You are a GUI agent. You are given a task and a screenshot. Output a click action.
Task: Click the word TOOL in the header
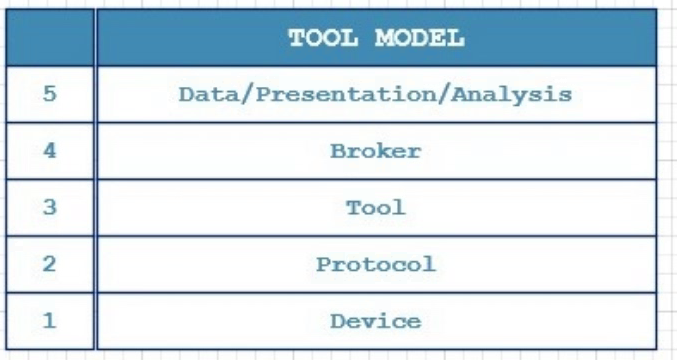coord(323,38)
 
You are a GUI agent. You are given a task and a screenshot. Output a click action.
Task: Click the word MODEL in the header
coord(420,38)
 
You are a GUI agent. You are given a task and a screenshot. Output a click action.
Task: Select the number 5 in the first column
coord(50,94)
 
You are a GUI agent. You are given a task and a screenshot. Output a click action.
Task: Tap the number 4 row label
coord(50,151)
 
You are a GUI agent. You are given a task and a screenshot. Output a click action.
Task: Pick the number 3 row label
coord(50,207)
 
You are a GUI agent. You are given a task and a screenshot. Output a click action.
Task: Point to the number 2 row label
coord(50,264)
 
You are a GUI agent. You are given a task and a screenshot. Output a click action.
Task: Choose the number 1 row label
coord(50,320)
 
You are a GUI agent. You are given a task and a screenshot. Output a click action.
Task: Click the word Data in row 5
coord(209,94)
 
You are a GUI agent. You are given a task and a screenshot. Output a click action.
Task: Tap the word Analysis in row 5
coord(512,95)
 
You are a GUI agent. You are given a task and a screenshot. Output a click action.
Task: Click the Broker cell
coord(376,151)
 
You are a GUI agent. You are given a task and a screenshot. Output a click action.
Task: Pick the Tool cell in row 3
coord(376,208)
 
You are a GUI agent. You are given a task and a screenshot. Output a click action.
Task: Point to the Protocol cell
coord(376,264)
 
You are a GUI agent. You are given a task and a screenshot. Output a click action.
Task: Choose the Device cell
coord(376,321)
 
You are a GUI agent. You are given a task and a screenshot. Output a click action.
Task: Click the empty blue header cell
coord(50,38)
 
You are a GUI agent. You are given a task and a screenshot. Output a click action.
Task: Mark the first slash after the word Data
coord(247,95)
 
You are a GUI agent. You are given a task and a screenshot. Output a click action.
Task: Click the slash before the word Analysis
coord(444,95)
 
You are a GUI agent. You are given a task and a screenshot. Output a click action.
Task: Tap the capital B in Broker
coord(338,151)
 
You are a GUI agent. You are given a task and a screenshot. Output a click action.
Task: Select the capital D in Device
coord(338,321)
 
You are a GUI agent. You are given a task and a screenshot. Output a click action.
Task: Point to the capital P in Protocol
coord(323,264)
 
